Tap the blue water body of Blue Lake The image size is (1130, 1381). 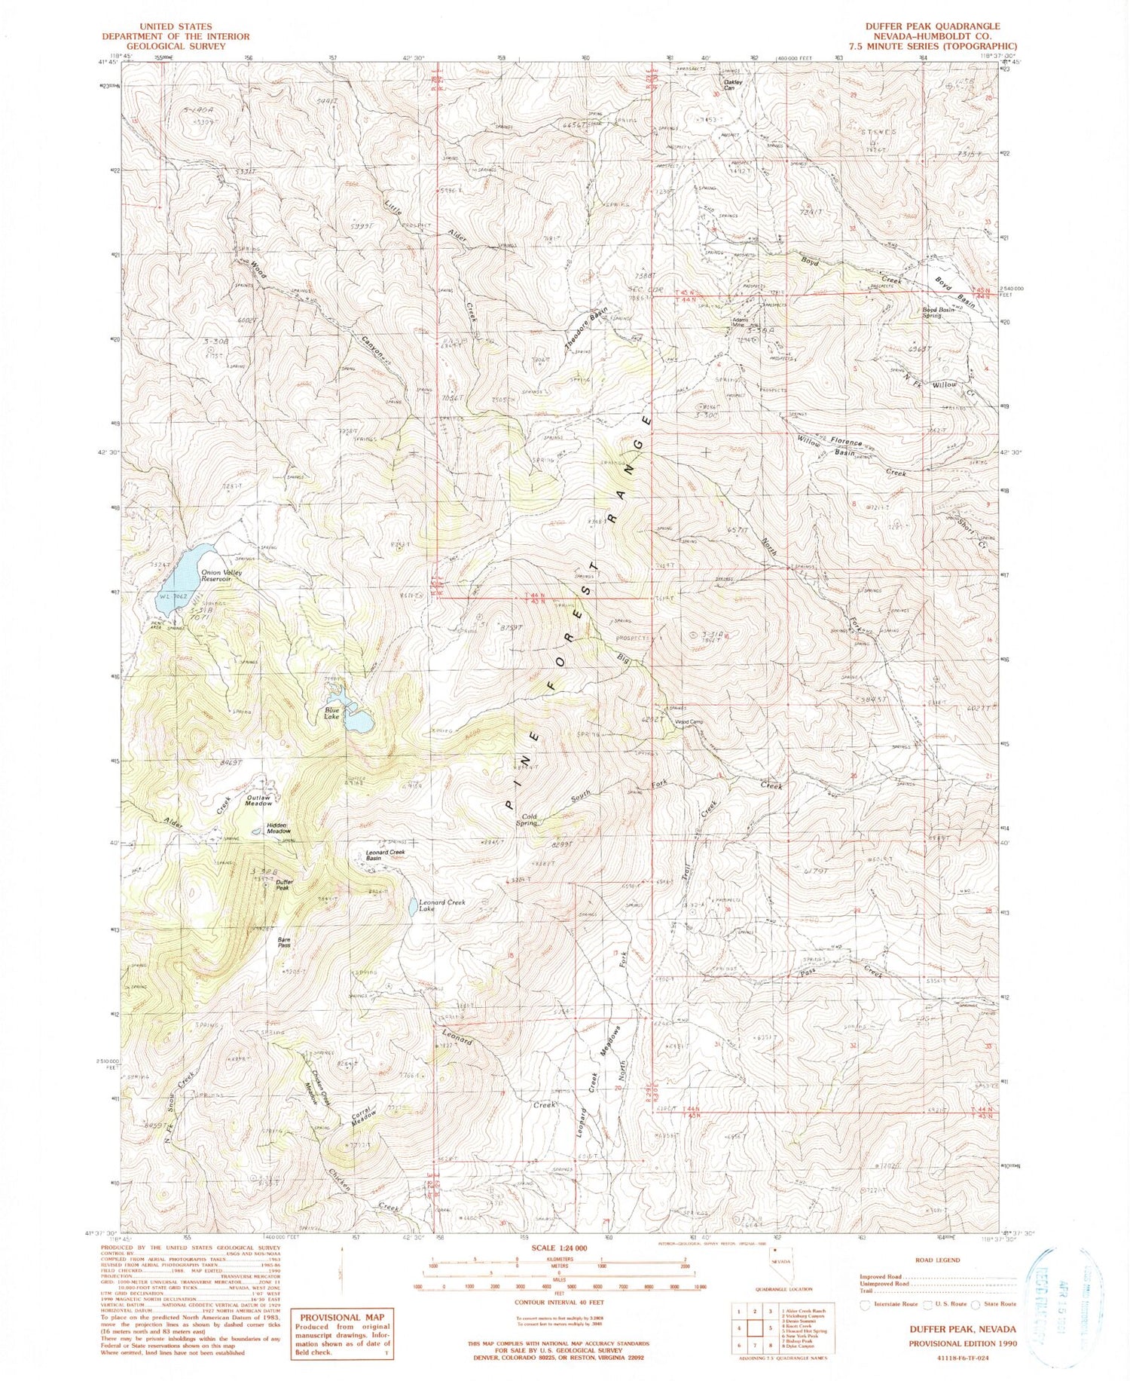pyautogui.click(x=358, y=721)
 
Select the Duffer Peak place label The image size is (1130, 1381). pyautogui.click(x=284, y=885)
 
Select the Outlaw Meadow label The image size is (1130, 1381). pyautogui.click(x=259, y=801)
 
